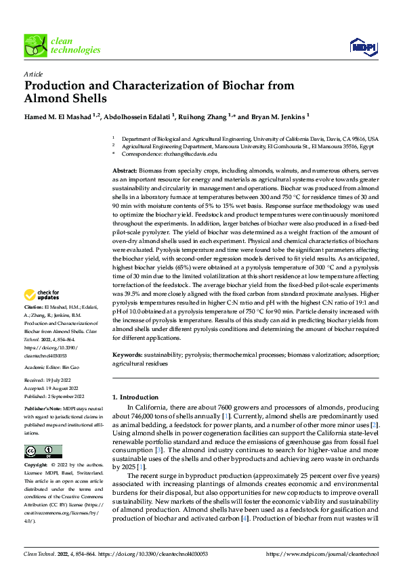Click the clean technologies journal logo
pos(62,45)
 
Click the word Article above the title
pos(33,73)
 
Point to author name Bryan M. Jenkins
pos(278,116)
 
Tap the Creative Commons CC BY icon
pos(43,452)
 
